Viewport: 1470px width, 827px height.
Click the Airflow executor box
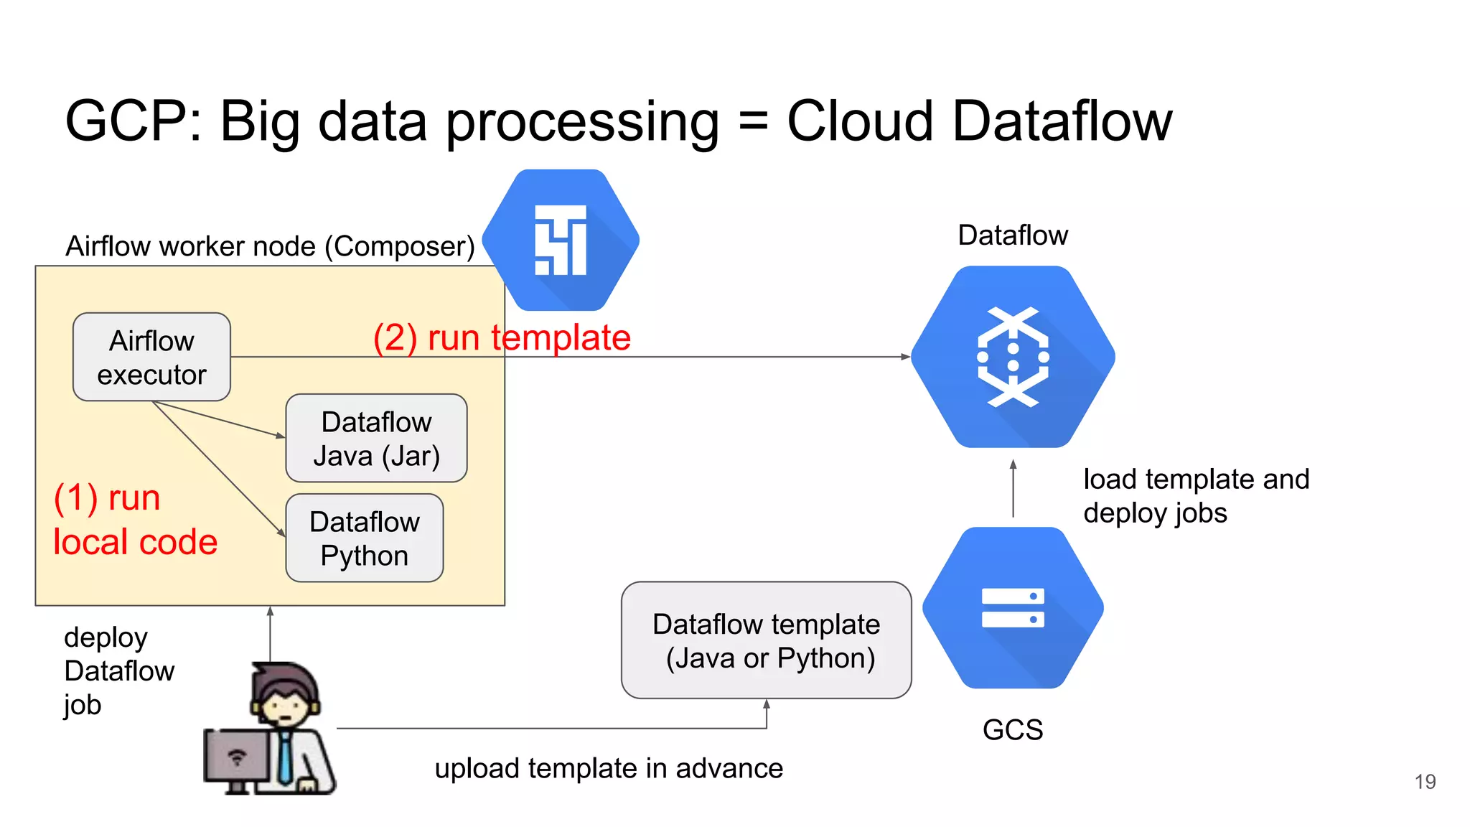tap(151, 357)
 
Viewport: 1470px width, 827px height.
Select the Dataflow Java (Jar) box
tap(376, 438)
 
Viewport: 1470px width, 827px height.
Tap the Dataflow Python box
tap(365, 538)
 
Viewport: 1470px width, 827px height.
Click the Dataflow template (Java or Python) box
tap(766, 640)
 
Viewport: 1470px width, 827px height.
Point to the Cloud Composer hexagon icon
tap(561, 240)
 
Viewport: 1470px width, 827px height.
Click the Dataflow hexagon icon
tap(1013, 357)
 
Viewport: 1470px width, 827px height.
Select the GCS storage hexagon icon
tap(1013, 608)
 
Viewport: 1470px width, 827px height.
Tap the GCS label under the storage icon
tap(1013, 730)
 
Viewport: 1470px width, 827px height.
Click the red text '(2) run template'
tap(502, 337)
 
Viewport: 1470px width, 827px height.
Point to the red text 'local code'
tap(135, 542)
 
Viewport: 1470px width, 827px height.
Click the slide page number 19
tap(1425, 782)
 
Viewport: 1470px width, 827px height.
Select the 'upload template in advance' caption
tap(609, 769)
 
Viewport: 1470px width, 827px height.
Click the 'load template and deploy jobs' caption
tap(1196, 496)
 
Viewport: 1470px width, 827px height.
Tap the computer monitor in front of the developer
tap(237, 757)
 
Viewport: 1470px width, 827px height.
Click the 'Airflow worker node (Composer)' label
tap(270, 246)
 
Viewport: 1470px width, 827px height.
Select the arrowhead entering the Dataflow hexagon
tap(906, 357)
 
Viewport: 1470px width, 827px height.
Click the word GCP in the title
tap(127, 121)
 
